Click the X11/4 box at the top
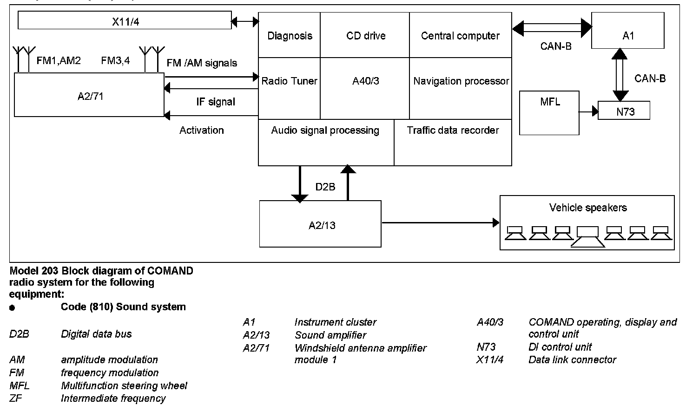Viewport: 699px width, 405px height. pyautogui.click(x=125, y=21)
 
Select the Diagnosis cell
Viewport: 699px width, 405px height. pyautogui.click(x=290, y=36)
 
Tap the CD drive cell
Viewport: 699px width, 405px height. pyautogui.click(x=365, y=36)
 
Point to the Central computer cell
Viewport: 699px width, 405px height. pyautogui.click(x=460, y=36)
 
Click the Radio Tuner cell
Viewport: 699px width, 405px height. pyautogui.click(x=289, y=81)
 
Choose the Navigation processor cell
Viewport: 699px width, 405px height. pyautogui.click(x=461, y=81)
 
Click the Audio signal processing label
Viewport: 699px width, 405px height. pyautogui.click(x=325, y=131)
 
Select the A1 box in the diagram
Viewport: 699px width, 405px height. pyautogui.click(x=627, y=31)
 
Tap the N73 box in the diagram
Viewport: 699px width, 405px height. pyautogui.click(x=624, y=111)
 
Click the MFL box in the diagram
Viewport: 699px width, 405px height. pyautogui.click(x=549, y=112)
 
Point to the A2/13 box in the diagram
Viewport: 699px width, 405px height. pyautogui.click(x=321, y=224)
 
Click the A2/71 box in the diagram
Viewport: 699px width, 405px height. pyautogui.click(x=90, y=95)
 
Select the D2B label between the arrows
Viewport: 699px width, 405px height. pyautogui.click(x=325, y=187)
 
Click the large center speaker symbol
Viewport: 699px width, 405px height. pyautogui.click(x=587, y=236)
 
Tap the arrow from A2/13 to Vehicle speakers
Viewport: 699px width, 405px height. pyautogui.click(x=440, y=223)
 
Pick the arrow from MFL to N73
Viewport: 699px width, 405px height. pyautogui.click(x=588, y=111)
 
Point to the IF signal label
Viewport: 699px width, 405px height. pyautogui.click(x=215, y=102)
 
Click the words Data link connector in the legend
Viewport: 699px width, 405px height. pyautogui.click(x=572, y=360)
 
